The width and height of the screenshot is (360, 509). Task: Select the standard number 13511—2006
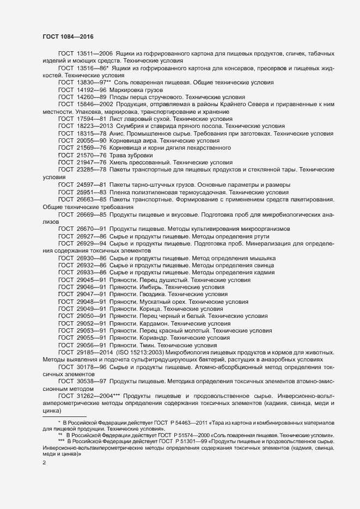pyautogui.click(x=95, y=54)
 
